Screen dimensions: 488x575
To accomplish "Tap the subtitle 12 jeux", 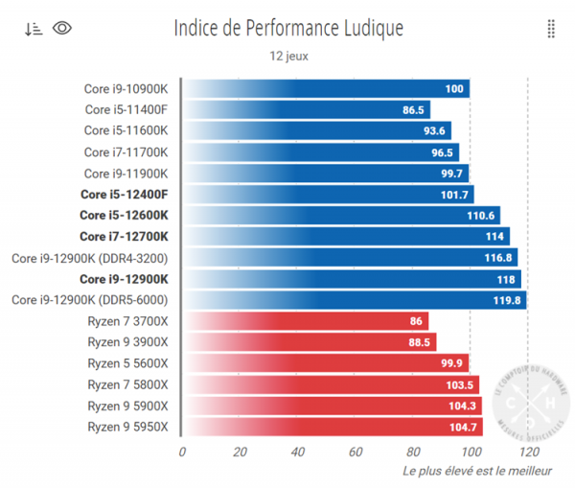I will (288, 56).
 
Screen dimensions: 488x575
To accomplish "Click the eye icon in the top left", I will (62, 28).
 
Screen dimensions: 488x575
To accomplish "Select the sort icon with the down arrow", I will (34, 28).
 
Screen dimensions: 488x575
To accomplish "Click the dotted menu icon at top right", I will (551, 28).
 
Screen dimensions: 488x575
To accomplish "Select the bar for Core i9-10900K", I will (326, 89).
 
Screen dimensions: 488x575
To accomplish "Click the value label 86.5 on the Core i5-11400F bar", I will (415, 110).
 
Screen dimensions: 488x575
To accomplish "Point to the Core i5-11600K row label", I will (126, 130).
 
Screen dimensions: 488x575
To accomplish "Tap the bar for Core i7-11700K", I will (320, 151).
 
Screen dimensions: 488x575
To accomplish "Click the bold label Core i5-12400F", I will (124, 194).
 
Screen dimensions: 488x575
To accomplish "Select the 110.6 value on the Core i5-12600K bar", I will (480, 215).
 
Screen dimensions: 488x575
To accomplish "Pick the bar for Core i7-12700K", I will (345, 236).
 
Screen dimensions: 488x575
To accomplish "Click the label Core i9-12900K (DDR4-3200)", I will (90, 257).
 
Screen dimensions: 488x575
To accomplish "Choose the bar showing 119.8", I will (354, 300).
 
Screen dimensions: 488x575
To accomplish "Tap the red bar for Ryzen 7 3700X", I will (305, 321).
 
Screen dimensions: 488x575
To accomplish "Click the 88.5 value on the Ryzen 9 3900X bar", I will (420, 342).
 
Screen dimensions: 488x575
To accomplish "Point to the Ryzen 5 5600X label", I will (127, 363).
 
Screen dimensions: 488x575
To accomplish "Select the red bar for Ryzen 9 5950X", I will (332, 427).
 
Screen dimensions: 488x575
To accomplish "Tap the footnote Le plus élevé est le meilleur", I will (476, 471).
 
